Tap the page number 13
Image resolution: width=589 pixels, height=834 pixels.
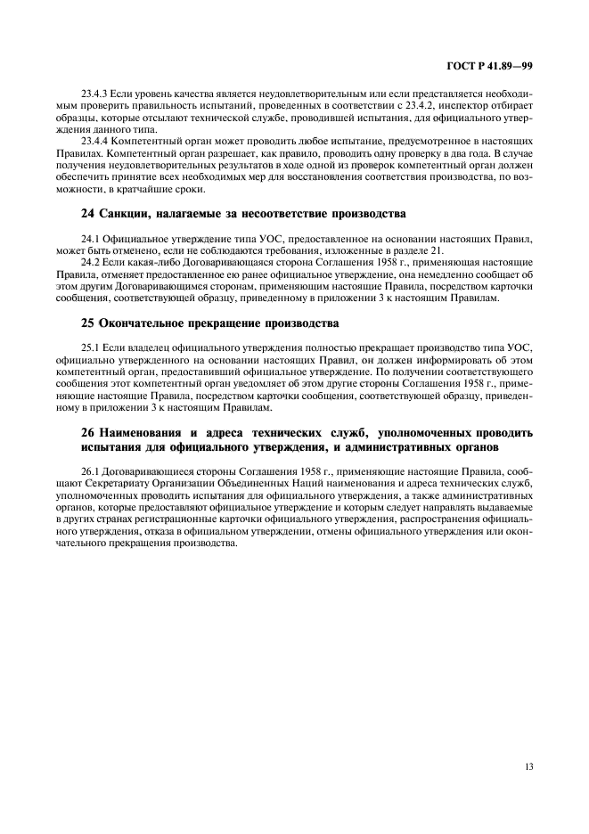click(528, 764)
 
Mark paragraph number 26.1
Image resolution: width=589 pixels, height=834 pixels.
click(90, 471)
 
